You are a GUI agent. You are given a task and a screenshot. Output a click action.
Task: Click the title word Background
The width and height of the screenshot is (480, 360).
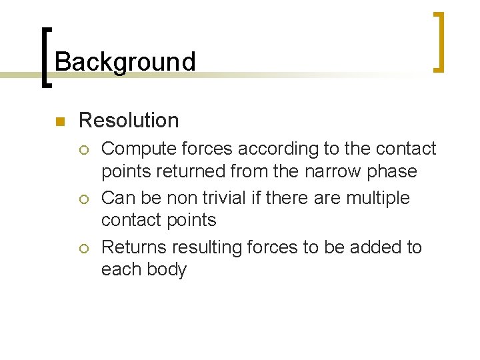pos(125,62)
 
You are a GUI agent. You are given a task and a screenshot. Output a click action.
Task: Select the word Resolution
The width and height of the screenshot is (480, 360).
pos(129,121)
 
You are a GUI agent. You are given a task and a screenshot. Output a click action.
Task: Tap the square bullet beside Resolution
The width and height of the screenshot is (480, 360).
pos(59,121)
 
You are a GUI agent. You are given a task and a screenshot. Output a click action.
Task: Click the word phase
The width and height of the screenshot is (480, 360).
pos(394,171)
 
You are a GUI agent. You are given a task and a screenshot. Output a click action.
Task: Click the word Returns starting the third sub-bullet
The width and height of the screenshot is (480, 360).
pos(134,248)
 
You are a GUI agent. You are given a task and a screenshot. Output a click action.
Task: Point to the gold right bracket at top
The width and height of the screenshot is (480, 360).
pos(438,41)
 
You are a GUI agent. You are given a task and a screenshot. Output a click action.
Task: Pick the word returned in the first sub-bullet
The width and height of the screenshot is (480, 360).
pos(193,171)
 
